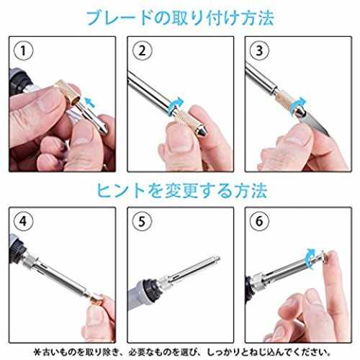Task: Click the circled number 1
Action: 23,51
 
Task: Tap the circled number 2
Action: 142,51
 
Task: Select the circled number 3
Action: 259,51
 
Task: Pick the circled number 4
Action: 23,221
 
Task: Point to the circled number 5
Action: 142,221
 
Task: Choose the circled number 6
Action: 259,221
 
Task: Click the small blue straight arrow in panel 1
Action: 91,102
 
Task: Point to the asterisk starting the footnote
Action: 37,352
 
